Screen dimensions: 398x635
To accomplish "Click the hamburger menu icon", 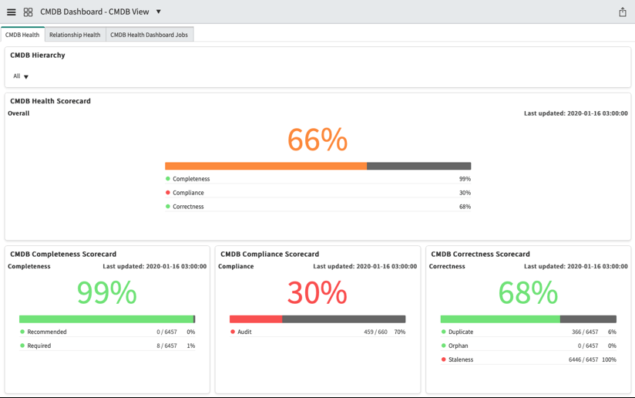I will [11, 12].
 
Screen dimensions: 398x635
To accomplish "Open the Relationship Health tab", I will [75, 35].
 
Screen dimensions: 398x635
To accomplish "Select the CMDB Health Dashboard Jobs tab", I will [149, 35].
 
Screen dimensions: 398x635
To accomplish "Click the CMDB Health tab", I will [22, 35].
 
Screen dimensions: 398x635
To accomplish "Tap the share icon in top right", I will [622, 12].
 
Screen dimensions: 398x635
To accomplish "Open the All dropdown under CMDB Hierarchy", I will [21, 76].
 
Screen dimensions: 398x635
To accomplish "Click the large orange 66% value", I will [317, 140].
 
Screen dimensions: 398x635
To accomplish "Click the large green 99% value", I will [106, 293].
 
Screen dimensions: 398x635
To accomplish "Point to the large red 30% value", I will [317, 293].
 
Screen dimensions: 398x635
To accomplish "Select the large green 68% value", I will [528, 293].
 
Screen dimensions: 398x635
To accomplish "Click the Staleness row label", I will [461, 359].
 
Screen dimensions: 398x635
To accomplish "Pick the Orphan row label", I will [459, 346].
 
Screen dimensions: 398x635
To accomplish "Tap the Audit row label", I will [244, 332].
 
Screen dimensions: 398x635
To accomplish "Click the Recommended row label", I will [46, 332].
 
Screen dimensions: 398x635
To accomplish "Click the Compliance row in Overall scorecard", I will [188, 193].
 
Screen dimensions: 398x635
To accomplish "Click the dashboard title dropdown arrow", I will [159, 12].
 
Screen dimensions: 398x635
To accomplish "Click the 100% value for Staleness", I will [609, 359].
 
